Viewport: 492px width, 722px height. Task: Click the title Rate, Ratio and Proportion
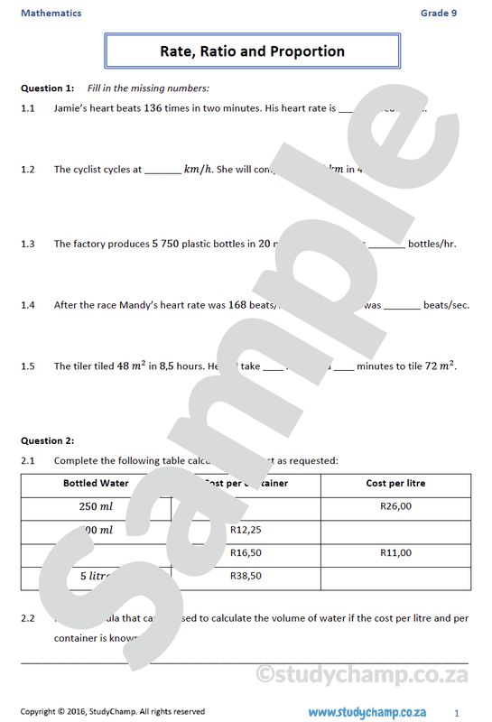point(252,51)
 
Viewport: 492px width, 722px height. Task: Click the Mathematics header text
point(51,13)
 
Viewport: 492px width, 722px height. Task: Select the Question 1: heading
point(47,88)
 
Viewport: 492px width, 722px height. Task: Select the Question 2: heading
point(47,440)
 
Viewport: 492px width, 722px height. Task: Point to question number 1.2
point(28,169)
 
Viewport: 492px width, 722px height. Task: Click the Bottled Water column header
point(96,484)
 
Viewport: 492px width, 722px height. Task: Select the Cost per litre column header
point(395,484)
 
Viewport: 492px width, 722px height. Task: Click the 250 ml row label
point(96,506)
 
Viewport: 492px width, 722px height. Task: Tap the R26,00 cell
point(395,506)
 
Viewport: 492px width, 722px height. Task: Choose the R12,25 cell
point(246,530)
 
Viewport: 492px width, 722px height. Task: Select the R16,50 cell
point(246,552)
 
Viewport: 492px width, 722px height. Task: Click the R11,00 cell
point(395,552)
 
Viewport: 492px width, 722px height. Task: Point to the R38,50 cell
point(246,575)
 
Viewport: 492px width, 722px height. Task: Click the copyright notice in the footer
point(113,711)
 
